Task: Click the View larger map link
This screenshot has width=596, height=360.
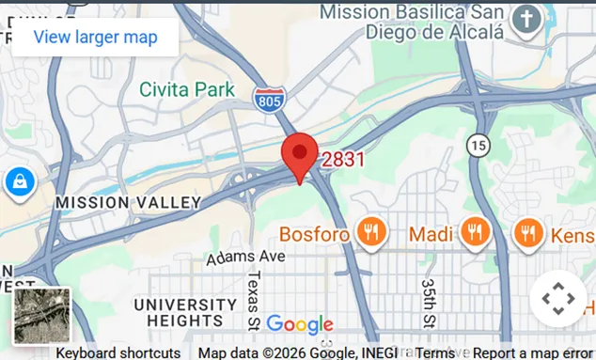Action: (94, 38)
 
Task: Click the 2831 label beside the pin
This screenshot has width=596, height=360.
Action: (343, 160)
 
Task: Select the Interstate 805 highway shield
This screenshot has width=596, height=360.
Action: (268, 99)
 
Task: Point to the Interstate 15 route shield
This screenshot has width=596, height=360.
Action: (478, 145)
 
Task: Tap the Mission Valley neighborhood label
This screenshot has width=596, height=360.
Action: (129, 202)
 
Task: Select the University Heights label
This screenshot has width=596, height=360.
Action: (185, 312)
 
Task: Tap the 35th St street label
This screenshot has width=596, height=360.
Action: (429, 299)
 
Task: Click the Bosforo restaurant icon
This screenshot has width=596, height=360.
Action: (373, 232)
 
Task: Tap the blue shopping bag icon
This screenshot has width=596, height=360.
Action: (19, 181)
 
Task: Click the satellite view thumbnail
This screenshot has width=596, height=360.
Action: (41, 315)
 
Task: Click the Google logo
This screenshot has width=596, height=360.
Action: (300, 325)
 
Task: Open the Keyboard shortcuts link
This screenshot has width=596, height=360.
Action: (118, 353)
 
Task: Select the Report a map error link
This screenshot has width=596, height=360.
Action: (532, 353)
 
